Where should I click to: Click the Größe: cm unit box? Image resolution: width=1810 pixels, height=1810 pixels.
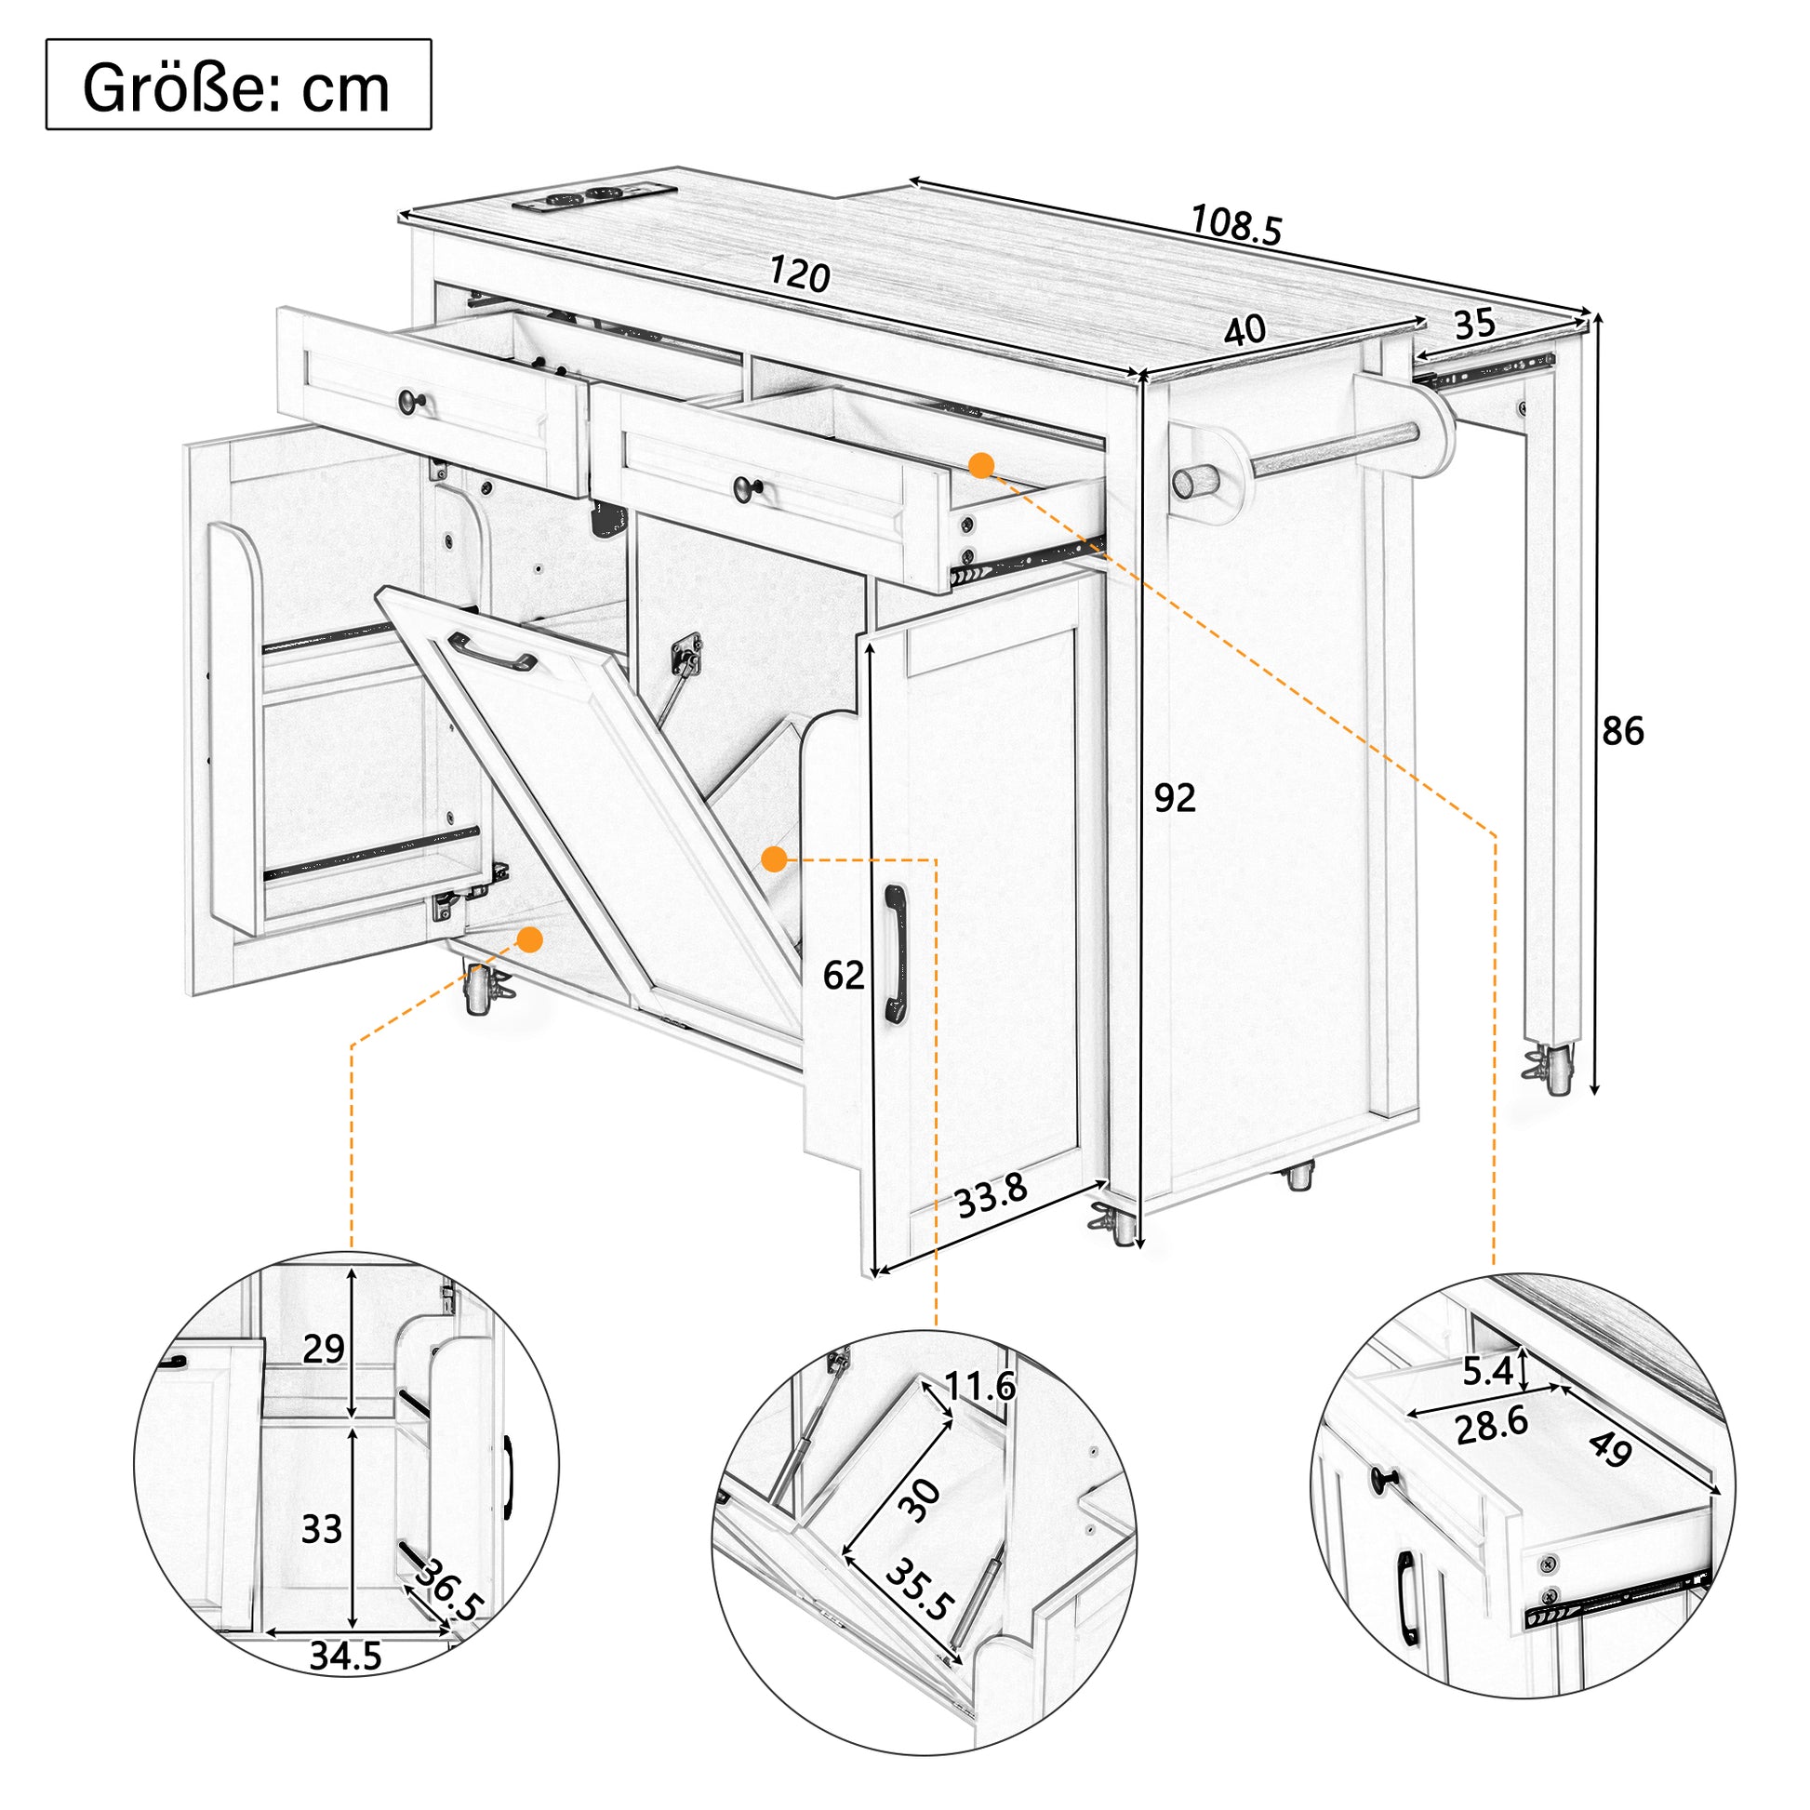pyautogui.click(x=238, y=85)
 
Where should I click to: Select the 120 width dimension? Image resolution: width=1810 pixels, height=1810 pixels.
pyautogui.click(x=799, y=274)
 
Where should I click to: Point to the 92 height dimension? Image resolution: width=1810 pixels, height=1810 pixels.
pyautogui.click(x=1175, y=797)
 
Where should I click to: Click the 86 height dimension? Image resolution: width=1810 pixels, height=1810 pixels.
pyautogui.click(x=1622, y=731)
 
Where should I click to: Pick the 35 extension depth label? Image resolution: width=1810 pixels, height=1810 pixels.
pyautogui.click(x=1474, y=325)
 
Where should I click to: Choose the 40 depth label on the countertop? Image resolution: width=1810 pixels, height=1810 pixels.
pyautogui.click(x=1245, y=330)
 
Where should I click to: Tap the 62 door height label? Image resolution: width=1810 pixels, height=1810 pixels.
pyautogui.click(x=844, y=976)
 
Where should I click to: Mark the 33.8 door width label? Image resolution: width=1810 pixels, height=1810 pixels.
pyautogui.click(x=992, y=1195)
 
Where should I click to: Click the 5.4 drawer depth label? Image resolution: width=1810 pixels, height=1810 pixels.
pyautogui.click(x=1488, y=1372)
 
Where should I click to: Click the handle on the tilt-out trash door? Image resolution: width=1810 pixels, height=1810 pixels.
pyautogui.click(x=492, y=651)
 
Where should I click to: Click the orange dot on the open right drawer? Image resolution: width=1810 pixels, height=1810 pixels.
pyautogui.click(x=981, y=466)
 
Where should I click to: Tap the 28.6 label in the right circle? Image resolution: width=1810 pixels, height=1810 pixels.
pyautogui.click(x=1492, y=1424)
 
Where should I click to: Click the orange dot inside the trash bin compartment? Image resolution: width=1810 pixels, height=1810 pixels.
pyautogui.click(x=774, y=858)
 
